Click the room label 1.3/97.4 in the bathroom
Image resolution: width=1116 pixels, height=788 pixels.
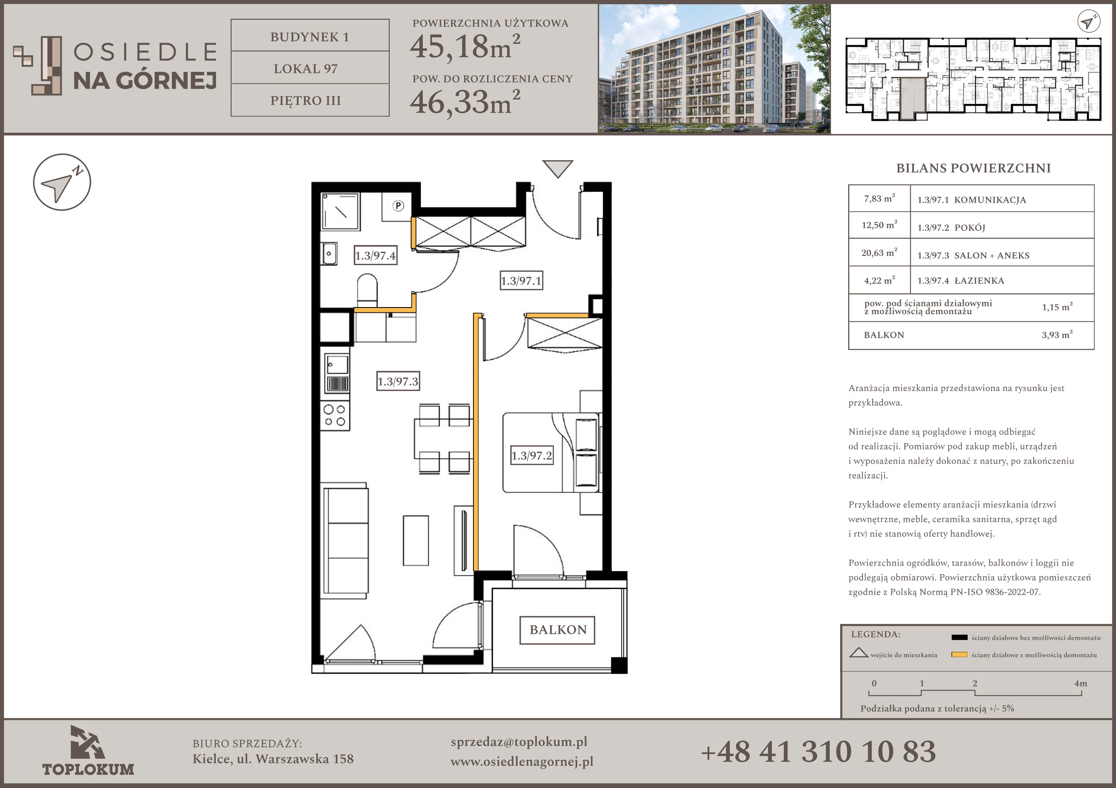pos(375,255)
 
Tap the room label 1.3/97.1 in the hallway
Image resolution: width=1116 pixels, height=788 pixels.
pos(521,281)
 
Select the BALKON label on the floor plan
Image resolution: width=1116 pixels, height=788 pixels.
pos(558,630)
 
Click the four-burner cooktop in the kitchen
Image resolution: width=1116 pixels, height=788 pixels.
pos(334,415)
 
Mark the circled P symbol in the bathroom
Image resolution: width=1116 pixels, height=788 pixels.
pos(398,206)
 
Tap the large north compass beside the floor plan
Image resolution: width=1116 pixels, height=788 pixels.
pos(62,182)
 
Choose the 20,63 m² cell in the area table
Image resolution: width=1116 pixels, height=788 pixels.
pos(879,253)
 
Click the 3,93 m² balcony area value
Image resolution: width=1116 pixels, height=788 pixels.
pos(1057,334)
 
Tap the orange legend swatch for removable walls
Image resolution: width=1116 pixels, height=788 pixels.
pos(959,655)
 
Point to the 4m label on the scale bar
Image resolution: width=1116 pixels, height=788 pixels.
pos(1080,683)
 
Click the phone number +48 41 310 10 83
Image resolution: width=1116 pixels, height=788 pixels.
pos(818,751)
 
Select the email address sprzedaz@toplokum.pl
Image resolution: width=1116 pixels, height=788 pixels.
pos(519,742)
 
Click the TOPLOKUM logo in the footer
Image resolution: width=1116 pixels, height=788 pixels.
pos(88,751)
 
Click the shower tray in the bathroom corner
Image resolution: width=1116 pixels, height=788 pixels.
pos(341,211)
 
